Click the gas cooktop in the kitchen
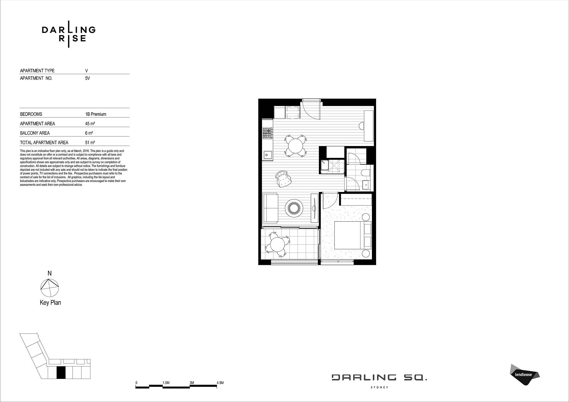267,133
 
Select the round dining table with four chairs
295,146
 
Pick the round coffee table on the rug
294,208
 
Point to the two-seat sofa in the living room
270,208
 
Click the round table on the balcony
277,245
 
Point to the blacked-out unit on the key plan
61,373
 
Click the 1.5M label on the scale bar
166,383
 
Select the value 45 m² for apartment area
90,124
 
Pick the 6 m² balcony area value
89,133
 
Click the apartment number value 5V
87,78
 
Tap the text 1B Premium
96,114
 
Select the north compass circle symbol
49,288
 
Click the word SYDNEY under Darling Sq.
379,387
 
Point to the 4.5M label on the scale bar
220,383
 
